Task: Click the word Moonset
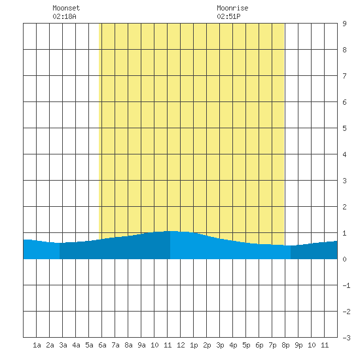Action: coord(66,8)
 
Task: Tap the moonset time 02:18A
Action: coord(64,16)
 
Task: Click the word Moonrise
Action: coord(232,8)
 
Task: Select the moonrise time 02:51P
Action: coord(228,16)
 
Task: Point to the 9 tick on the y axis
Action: coord(344,24)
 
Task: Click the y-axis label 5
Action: coord(344,128)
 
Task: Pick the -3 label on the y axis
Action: coord(346,338)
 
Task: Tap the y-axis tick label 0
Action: coord(344,259)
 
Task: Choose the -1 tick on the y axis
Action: coord(346,285)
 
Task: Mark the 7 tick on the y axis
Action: coord(344,76)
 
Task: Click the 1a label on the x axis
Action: coord(37,345)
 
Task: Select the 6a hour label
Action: coord(102,345)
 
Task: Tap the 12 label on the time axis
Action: coord(181,345)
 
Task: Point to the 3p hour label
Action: coord(220,345)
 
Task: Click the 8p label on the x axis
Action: coord(285,345)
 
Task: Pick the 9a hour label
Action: coord(141,345)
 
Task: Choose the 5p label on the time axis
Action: coord(246,345)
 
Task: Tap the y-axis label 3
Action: coord(344,181)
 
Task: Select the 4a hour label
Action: coord(76,345)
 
